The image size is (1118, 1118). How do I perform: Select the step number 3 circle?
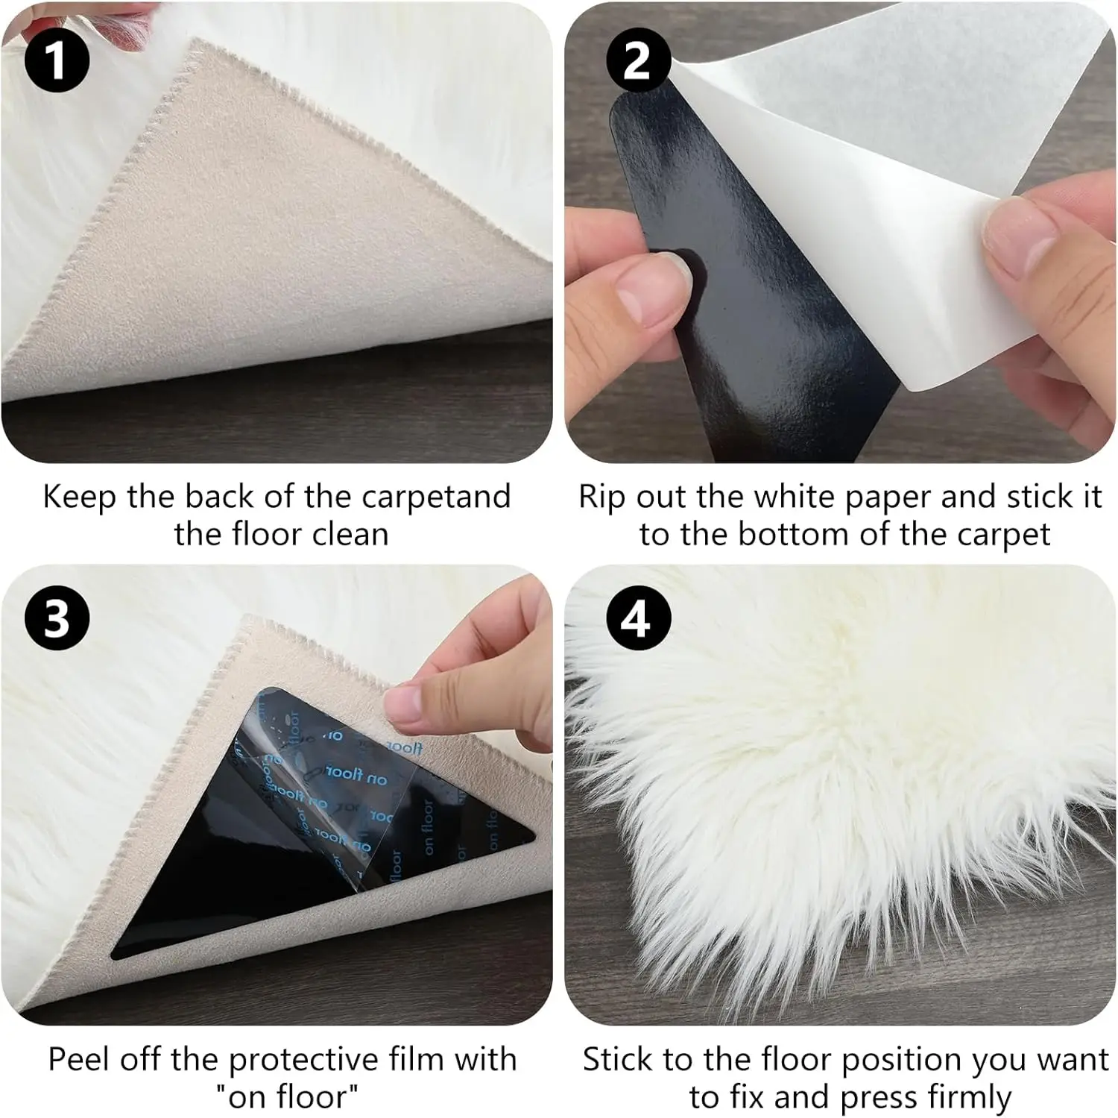coord(57,618)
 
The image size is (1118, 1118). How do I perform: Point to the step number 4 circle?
coord(637,618)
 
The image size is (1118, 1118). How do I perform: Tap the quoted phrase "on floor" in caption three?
coord(287,1096)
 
